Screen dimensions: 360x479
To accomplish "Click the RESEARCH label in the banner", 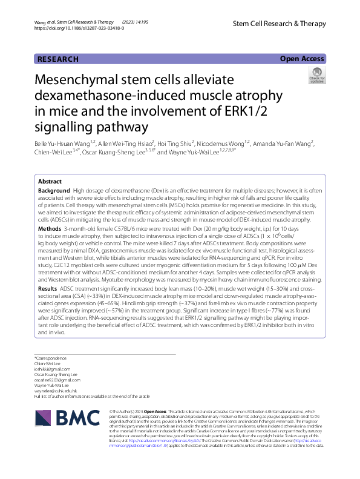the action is [58, 59].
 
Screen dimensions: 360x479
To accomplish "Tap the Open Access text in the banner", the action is [302, 59].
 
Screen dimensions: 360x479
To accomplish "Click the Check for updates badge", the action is [316, 76].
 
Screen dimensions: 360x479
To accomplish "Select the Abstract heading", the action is [49, 181].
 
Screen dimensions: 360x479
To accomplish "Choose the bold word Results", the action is [48, 289].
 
